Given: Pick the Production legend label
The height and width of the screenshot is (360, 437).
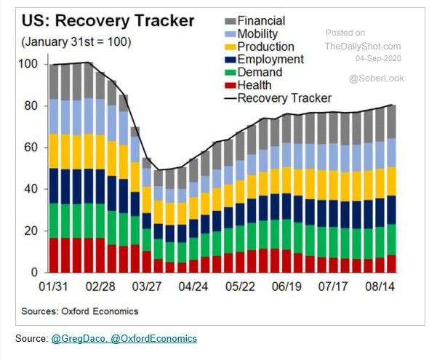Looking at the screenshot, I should (266, 47).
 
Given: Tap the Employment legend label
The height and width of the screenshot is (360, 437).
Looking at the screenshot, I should (270, 59).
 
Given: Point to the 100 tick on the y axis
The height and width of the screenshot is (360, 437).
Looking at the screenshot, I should (27, 64).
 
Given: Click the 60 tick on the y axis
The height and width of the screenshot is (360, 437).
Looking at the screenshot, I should (30, 148).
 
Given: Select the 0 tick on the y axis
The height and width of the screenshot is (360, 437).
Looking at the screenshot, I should (33, 273).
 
